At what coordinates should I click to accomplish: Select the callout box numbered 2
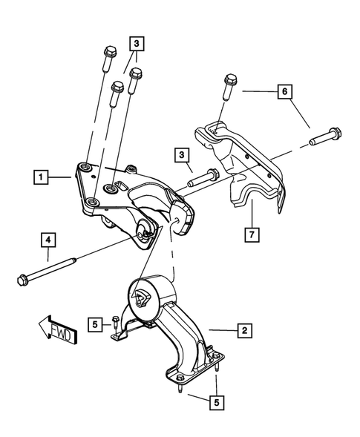[x=243, y=327]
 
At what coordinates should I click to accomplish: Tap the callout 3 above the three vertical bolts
[x=137, y=44]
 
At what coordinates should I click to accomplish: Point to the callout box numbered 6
[x=282, y=92]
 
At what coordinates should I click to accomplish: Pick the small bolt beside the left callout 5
[x=115, y=321]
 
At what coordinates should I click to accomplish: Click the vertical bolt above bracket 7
[x=227, y=88]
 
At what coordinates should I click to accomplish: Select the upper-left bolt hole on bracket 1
[x=87, y=168]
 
